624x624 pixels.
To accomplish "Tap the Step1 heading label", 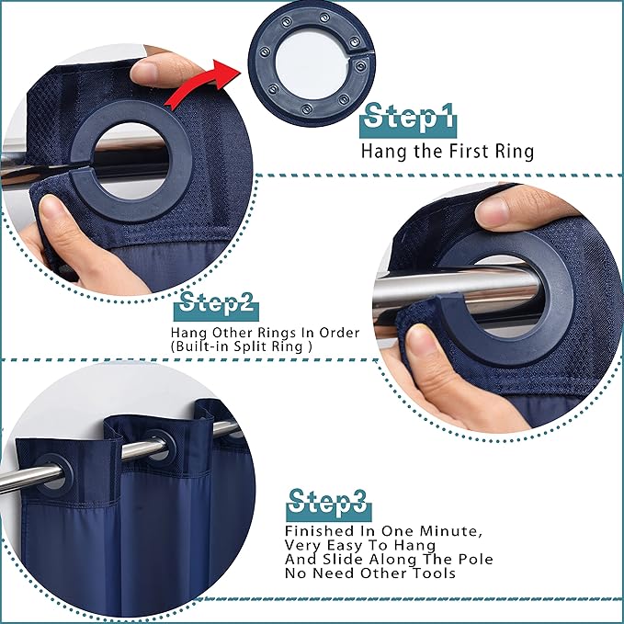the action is (x=408, y=118).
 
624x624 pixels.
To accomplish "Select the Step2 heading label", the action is (x=217, y=305).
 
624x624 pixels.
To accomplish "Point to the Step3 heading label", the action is (x=329, y=504).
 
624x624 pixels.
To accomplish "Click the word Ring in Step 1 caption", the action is (x=514, y=152).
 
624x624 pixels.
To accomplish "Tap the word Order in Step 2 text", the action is (x=339, y=333).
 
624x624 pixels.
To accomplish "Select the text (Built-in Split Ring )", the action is (x=241, y=346).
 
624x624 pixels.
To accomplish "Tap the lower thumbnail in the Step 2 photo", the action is (x=420, y=342).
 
